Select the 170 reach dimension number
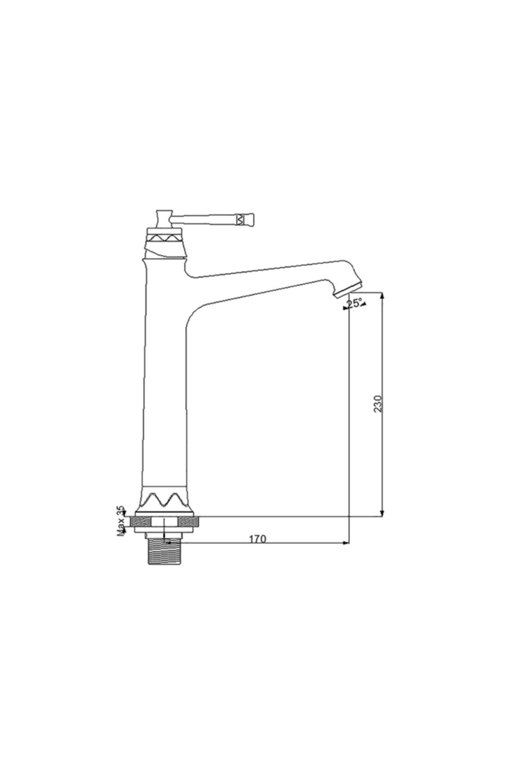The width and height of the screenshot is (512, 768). point(257,539)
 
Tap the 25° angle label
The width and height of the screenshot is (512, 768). point(354,303)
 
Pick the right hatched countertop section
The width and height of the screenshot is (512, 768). point(188,521)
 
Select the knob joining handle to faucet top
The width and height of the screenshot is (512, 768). point(163,219)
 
